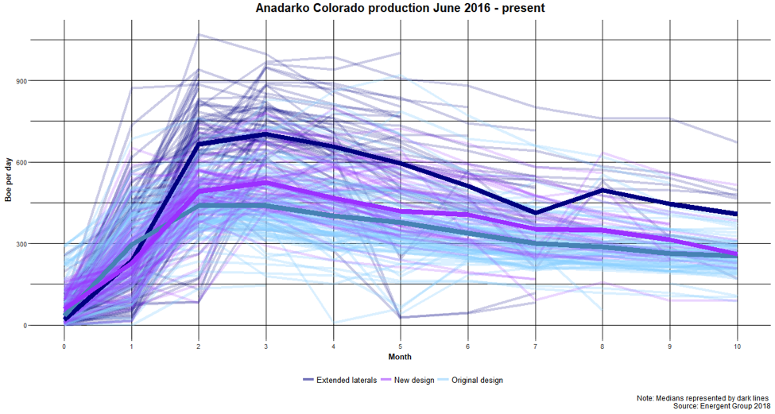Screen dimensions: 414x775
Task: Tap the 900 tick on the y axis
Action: (x=21, y=80)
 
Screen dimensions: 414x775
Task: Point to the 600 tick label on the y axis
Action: (x=21, y=162)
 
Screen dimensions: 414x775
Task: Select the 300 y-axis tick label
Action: (x=21, y=244)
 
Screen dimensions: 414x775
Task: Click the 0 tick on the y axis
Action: (x=25, y=325)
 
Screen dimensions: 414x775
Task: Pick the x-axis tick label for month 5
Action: (x=401, y=347)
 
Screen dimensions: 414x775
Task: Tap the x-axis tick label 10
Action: (x=738, y=347)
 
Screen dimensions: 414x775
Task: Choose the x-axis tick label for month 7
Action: (x=536, y=347)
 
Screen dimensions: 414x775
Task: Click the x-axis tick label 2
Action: (x=199, y=347)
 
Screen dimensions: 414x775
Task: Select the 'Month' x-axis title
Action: (x=401, y=357)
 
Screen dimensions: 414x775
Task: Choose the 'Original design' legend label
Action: (x=477, y=380)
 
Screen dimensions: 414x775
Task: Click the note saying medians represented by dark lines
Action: (x=703, y=397)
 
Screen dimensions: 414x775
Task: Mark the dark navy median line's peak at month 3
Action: (x=266, y=134)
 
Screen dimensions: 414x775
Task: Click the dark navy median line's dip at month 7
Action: (x=536, y=213)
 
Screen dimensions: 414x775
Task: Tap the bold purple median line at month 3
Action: (x=266, y=183)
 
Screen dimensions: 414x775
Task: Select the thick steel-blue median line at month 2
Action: (x=199, y=206)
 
